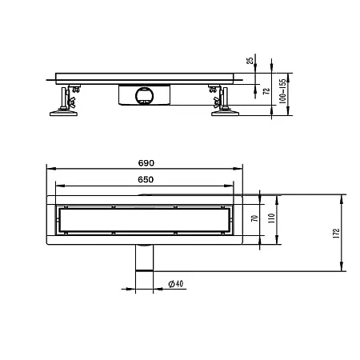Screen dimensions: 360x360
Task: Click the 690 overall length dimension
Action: click(x=145, y=163)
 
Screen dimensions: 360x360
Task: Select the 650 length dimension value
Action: click(x=145, y=181)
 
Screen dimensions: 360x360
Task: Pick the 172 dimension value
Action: click(x=338, y=233)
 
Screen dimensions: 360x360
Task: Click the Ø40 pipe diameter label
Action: click(x=177, y=282)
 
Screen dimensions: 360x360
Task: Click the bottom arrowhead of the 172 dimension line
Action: click(x=342, y=270)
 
